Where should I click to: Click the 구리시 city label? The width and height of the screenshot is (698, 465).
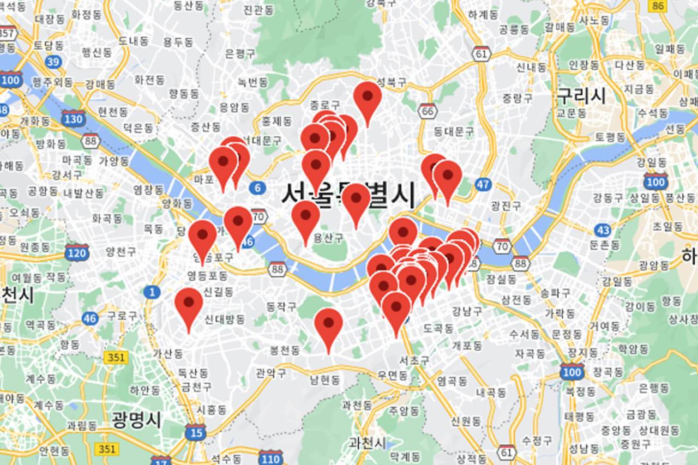pyautogui.click(x=581, y=96)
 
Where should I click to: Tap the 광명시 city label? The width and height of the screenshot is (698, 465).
pyautogui.click(x=136, y=420)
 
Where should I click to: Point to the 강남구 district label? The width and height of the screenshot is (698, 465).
pyautogui.click(x=467, y=311)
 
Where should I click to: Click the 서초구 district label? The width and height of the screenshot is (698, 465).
pyautogui.click(x=414, y=360)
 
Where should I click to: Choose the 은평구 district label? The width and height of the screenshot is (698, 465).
pyautogui.click(x=240, y=53)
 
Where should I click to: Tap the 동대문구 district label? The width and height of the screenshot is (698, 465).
pyautogui.click(x=454, y=131)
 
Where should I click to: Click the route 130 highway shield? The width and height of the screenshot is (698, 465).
pyautogui.click(x=73, y=118)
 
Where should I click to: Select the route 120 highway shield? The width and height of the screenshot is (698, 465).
pyautogui.click(x=76, y=252)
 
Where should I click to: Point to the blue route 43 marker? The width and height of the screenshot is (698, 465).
pyautogui.click(x=603, y=230)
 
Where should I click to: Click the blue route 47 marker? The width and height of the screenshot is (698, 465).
pyautogui.click(x=483, y=184)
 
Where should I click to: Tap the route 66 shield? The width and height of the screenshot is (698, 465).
pyautogui.click(x=428, y=111)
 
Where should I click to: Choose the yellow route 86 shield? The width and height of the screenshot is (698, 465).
pyautogui.click(x=658, y=5)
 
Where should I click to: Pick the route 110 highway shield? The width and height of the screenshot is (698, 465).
pyautogui.click(x=271, y=457)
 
